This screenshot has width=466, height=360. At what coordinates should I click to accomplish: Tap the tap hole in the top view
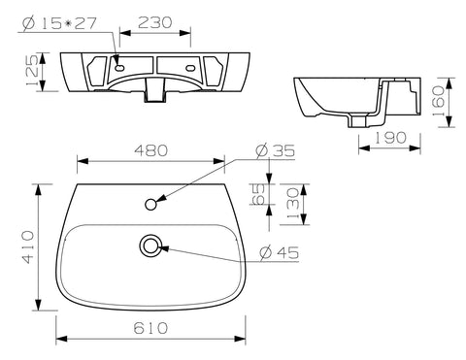click(152, 204)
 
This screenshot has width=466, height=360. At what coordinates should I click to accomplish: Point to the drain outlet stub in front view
click(152, 92)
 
